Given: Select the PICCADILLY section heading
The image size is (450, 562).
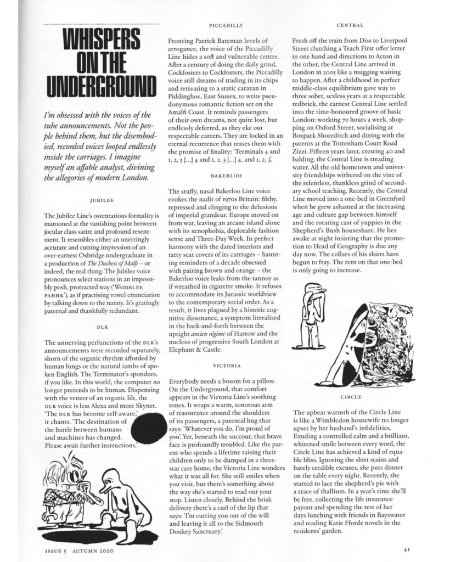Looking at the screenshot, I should pyautogui.click(x=226, y=25).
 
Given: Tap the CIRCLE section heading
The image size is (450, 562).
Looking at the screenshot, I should pyautogui.click(x=351, y=396).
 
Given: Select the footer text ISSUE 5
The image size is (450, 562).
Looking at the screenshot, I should pyautogui.click(x=55, y=548).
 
